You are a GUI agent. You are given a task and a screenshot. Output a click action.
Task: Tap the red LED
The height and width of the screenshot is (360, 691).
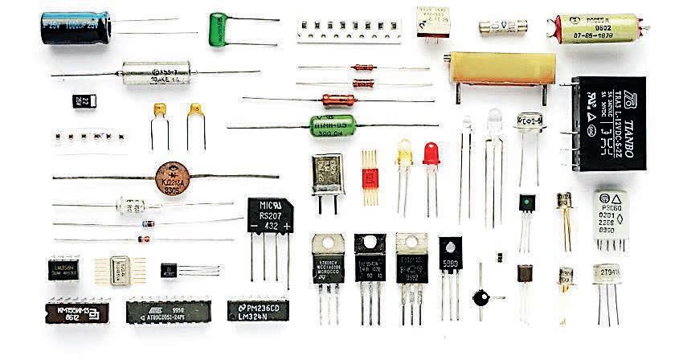(431, 153)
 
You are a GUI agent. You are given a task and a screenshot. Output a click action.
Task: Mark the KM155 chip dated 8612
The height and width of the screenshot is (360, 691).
(75, 310)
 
